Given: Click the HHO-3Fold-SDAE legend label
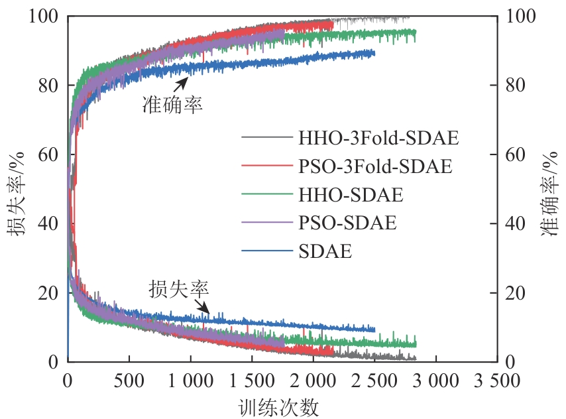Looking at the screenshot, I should pyautogui.click(x=378, y=139).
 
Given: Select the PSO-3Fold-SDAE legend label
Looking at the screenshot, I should pyautogui.click(x=375, y=167).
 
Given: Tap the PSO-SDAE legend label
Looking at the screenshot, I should pyautogui.click(x=347, y=223).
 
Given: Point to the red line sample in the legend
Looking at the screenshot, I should pyautogui.click(x=266, y=167).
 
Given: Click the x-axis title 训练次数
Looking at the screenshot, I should pyautogui.click(x=282, y=404).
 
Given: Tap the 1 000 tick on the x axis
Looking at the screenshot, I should pyautogui.click(x=190, y=381).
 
